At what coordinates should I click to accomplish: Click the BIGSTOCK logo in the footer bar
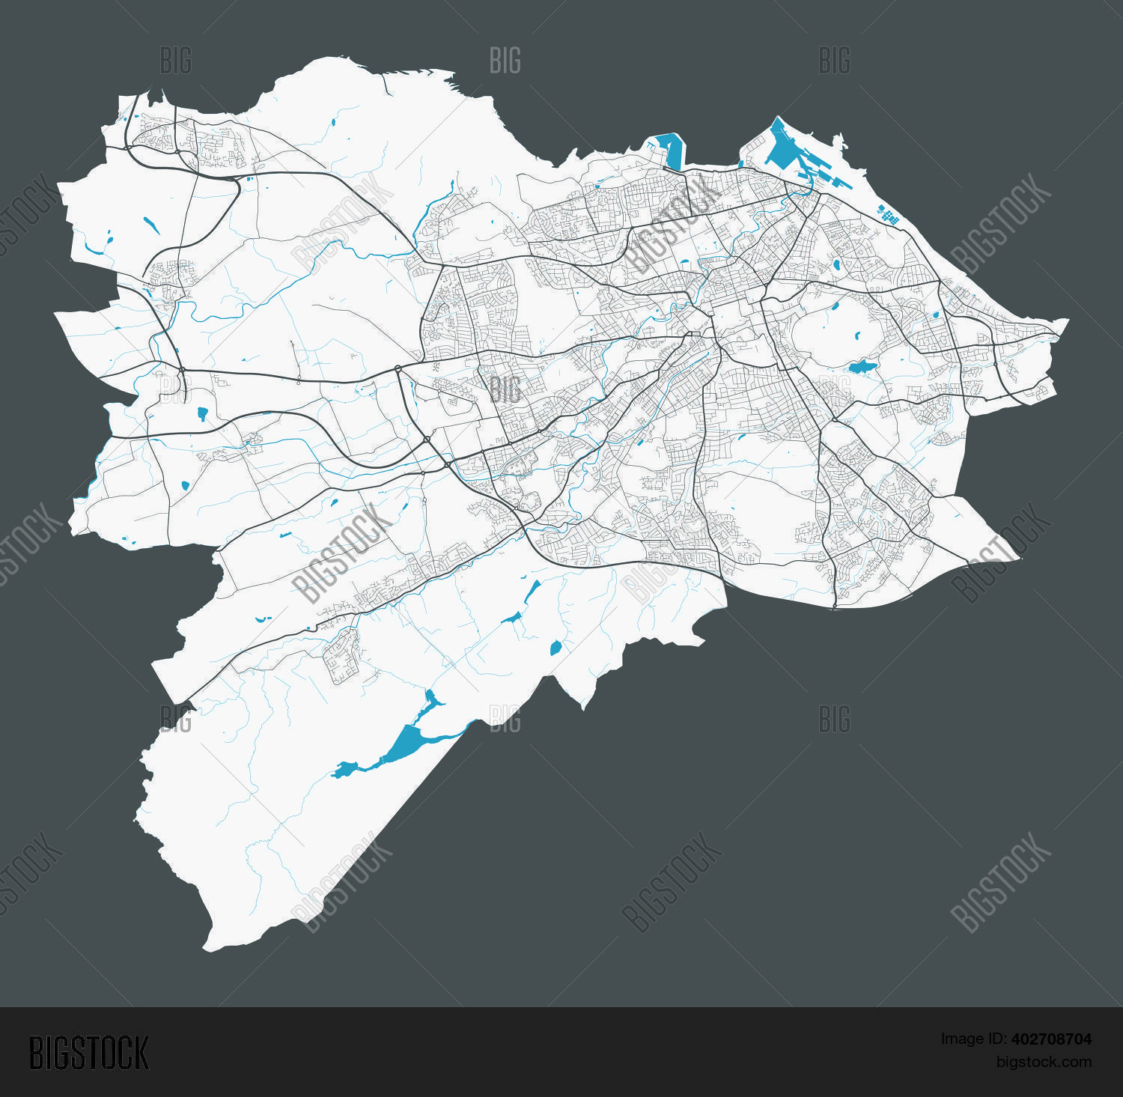(x=89, y=1053)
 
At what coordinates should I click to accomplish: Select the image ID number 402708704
(x=1051, y=1039)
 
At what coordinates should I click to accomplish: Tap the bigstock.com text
(x=1044, y=1062)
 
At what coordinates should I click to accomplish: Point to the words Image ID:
(x=973, y=1039)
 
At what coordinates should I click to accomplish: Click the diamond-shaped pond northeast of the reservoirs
(x=556, y=648)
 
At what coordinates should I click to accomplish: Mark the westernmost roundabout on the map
(x=182, y=369)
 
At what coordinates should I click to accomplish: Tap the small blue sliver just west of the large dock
(x=740, y=162)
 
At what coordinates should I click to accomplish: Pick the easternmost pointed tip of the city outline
(x=1067, y=321)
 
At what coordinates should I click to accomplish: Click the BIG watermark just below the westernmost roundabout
(x=176, y=389)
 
